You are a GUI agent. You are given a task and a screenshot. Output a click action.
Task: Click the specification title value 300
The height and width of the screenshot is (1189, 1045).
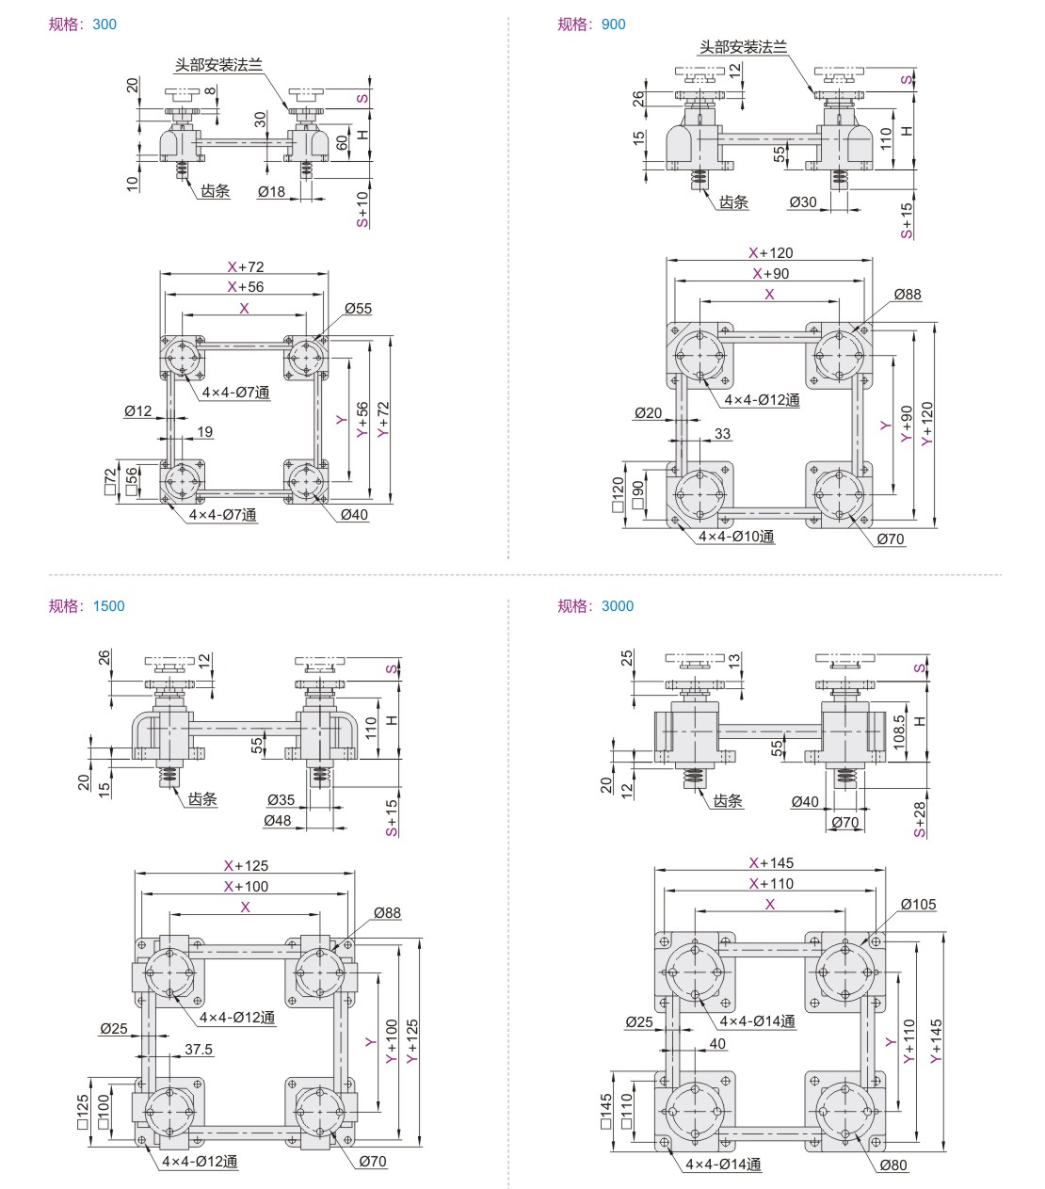click(104, 24)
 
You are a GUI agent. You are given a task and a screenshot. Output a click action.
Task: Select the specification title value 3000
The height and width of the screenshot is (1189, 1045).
click(617, 606)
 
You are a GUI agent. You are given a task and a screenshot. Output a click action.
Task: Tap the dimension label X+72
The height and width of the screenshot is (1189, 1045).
click(246, 267)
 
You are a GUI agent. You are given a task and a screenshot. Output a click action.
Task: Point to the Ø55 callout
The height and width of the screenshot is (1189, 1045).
click(358, 309)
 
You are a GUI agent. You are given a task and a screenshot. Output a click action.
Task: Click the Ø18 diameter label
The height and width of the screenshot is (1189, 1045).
click(271, 192)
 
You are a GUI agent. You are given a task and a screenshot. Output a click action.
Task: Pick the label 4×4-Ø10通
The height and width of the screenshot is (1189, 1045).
click(736, 537)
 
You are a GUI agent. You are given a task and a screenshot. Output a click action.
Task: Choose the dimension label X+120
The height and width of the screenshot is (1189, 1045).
click(770, 253)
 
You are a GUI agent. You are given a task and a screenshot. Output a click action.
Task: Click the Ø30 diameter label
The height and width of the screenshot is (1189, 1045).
click(803, 202)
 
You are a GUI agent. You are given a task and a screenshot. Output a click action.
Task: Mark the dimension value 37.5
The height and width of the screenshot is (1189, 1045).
click(199, 1050)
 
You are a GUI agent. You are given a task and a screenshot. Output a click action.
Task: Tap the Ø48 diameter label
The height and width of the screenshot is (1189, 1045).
click(278, 821)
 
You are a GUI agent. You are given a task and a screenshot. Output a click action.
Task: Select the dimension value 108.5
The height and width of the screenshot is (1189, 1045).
click(899, 731)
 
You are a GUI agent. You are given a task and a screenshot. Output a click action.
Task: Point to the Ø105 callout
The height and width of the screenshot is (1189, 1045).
click(918, 905)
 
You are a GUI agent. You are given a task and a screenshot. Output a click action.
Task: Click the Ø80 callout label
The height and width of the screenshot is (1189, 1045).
click(893, 1165)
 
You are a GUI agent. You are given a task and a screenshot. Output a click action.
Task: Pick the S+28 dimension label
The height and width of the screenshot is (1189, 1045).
click(920, 819)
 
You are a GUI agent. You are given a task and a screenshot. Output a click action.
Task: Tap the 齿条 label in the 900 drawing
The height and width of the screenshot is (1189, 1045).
click(733, 202)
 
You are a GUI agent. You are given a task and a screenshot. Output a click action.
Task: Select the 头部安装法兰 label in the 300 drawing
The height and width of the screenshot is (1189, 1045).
click(218, 65)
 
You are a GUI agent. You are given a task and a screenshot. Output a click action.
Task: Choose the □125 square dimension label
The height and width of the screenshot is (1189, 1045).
click(82, 1112)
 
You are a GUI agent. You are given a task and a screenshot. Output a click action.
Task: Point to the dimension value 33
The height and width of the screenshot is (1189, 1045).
click(722, 434)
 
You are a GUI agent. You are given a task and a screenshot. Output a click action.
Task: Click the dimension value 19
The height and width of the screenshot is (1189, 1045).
click(204, 432)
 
